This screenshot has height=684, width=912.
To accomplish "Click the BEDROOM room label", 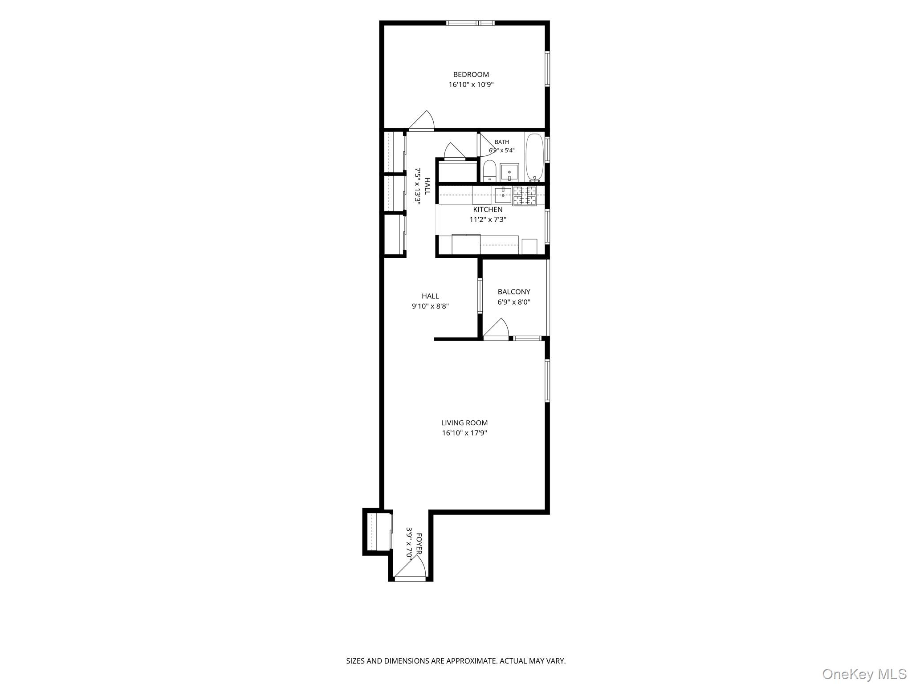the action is click(x=471, y=74).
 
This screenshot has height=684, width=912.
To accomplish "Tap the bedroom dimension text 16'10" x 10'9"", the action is click(x=471, y=85).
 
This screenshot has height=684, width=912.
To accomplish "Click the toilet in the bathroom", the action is click(x=490, y=171).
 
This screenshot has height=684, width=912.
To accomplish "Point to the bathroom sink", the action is click(x=509, y=172).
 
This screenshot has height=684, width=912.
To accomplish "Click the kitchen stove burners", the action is click(x=525, y=196).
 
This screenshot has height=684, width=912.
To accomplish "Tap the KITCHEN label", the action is click(x=488, y=209).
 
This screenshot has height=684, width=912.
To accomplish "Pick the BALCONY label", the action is click(x=514, y=292).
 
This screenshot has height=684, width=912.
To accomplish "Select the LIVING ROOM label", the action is click(x=464, y=423).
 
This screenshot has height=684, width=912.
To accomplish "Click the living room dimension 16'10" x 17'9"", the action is click(x=464, y=433).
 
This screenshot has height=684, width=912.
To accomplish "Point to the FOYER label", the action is click(x=419, y=543).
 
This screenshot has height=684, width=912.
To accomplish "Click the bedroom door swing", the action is click(x=422, y=120).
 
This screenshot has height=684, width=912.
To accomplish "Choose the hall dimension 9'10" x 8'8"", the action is click(x=430, y=306).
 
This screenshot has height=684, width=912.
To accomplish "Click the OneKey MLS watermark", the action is click(x=864, y=674).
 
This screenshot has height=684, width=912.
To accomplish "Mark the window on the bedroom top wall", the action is click(x=471, y=23).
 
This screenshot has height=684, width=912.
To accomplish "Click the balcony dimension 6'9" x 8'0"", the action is click(x=514, y=302).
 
